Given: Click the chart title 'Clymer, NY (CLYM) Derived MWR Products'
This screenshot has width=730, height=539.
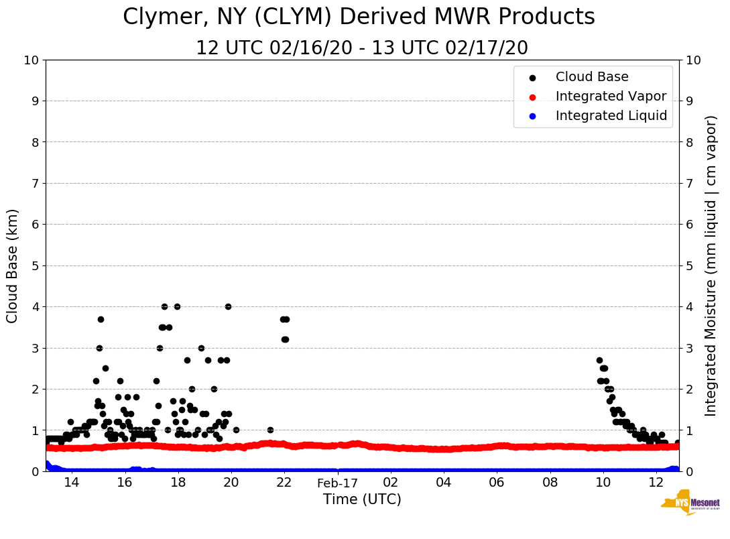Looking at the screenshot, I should pos(359,17).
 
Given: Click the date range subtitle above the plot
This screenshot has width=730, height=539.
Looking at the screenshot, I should pos(362,48).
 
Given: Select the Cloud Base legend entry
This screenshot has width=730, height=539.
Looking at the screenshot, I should pos(592,77).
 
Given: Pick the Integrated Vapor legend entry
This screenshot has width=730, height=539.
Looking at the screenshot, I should pos(611,97).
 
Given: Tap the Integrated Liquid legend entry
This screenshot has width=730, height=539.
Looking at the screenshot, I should pos(611,116).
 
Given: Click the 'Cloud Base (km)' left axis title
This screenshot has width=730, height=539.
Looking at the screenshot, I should pos(13,265).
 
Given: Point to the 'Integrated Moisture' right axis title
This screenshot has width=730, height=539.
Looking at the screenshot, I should pos(711,265).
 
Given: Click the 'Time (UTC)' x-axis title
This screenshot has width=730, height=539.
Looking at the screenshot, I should pos(362,499).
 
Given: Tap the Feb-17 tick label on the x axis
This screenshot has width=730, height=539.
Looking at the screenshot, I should pos(337,483).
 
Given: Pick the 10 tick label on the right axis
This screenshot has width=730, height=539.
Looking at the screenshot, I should pos(693,60).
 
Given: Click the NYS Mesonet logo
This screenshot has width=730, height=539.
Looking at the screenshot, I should pos(690,504).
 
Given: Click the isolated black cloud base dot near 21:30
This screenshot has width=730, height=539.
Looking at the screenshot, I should pos(270,430).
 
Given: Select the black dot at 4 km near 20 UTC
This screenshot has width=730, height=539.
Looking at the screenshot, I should pos(228,306).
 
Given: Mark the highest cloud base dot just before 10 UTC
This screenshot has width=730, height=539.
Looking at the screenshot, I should pos(599,360).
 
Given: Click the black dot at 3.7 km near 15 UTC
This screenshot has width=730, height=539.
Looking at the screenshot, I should pos(101,319).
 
